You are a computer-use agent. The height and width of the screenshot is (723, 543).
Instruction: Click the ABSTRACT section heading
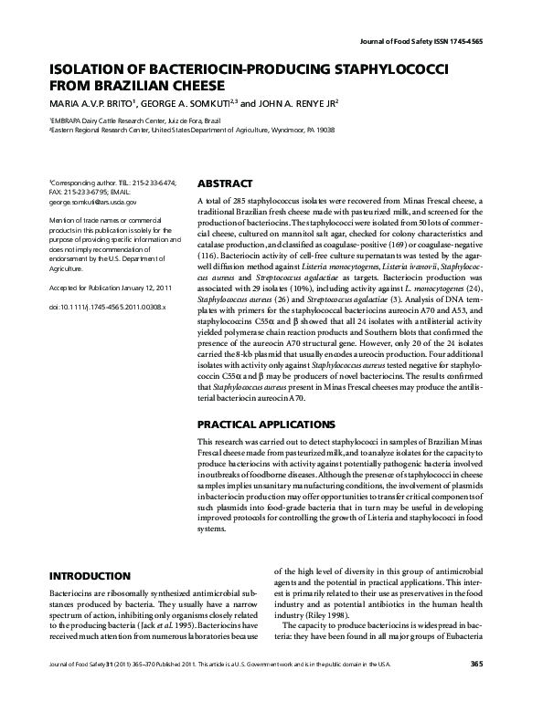[225, 183]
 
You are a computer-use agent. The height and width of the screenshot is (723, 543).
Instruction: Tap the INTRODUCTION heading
[89, 576]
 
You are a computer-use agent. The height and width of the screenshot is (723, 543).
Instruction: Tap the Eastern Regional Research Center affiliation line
[192, 131]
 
